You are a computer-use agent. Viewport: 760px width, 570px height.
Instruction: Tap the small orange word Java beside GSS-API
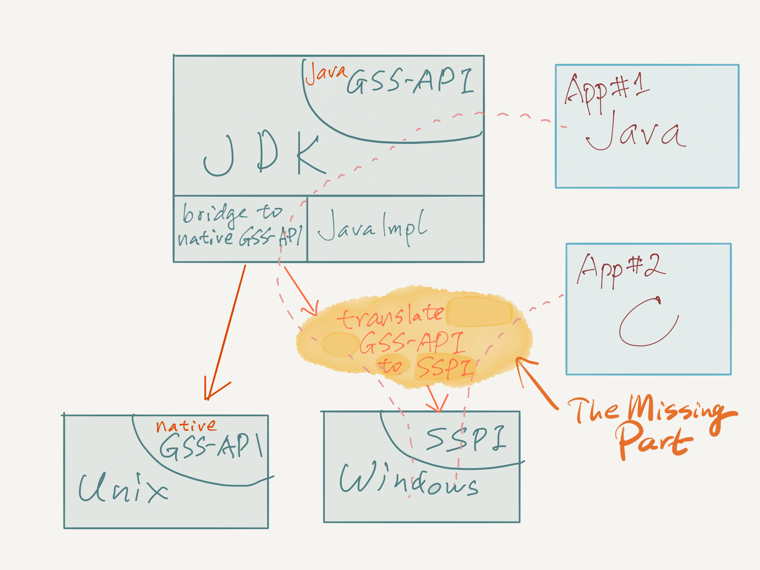tap(325, 73)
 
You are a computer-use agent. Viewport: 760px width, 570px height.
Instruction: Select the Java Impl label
tap(372, 226)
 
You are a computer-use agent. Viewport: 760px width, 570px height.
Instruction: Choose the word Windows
tap(408, 481)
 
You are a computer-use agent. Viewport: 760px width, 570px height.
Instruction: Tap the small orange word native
tap(186, 426)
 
